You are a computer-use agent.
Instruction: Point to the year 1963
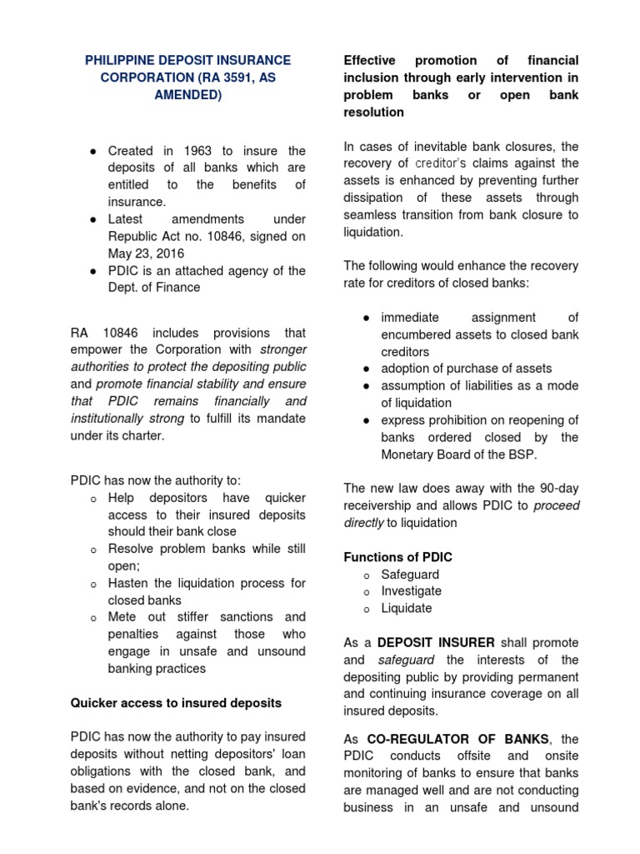pyautogui.click(x=205, y=151)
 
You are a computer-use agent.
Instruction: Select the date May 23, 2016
pyautogui.click(x=147, y=254)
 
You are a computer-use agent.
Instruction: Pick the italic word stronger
pyautogui.click(x=283, y=349)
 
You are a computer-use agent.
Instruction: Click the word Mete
pyautogui.click(x=122, y=617)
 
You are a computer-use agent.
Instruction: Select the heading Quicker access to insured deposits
pyautogui.click(x=176, y=703)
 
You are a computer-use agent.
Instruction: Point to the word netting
pyautogui.click(x=202, y=754)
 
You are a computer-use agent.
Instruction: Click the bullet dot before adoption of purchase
pyautogui.click(x=367, y=369)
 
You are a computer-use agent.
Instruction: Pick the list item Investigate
pyautogui.click(x=412, y=591)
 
